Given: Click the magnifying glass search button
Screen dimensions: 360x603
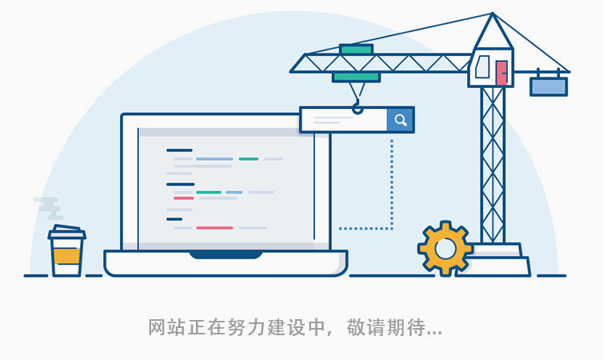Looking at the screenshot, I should [401, 120].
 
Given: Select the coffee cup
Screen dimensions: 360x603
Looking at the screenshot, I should [66, 253].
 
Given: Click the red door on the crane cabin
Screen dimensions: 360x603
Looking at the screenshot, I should [502, 72].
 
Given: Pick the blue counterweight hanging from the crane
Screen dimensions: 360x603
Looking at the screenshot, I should [549, 86].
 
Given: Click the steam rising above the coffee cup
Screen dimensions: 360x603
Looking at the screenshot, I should [50, 208].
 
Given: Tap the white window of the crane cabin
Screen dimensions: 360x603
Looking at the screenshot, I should [482, 68].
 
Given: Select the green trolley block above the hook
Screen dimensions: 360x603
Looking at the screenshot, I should [356, 77].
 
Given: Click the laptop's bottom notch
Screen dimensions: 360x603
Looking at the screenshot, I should [226, 254].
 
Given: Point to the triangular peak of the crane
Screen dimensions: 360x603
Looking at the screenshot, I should [493, 32].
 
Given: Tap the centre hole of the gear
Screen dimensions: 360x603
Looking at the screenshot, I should [445, 248].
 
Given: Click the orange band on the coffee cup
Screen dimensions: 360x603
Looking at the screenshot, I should [66, 257].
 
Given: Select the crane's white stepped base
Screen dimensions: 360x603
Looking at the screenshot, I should [496, 261].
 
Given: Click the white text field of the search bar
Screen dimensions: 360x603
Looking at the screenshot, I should [343, 120].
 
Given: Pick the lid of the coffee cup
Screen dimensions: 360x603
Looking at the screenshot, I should [66, 234].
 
